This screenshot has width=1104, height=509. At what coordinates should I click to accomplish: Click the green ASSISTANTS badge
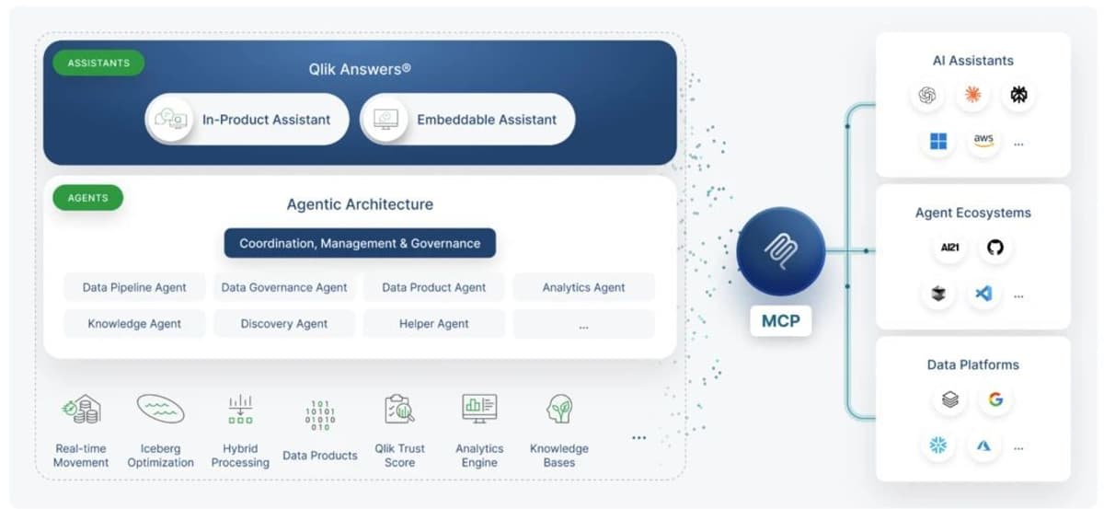tap(98, 64)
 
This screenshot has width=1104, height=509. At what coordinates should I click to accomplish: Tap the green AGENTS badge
tap(88, 198)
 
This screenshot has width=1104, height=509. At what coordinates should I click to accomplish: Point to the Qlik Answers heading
tap(360, 69)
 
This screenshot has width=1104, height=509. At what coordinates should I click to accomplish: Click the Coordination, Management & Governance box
tap(360, 243)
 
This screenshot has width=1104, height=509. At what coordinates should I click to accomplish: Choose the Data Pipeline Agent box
tap(134, 287)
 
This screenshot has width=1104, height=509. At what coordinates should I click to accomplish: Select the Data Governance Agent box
tap(284, 287)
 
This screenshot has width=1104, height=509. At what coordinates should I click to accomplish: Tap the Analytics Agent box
tap(583, 287)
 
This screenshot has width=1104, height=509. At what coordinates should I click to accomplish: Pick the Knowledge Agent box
tap(134, 323)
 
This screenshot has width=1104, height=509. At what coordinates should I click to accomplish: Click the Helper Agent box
tap(433, 323)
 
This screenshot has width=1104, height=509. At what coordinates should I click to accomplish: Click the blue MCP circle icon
tap(780, 251)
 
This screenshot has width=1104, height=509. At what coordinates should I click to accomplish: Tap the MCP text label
tap(780, 322)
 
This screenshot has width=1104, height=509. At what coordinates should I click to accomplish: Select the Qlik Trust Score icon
tap(399, 410)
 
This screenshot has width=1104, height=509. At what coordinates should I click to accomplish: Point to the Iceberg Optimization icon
tap(160, 410)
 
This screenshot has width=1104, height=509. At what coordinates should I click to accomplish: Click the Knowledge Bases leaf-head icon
tap(558, 410)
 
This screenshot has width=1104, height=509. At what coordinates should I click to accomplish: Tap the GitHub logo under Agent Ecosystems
tap(995, 248)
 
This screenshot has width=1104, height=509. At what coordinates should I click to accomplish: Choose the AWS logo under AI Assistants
tap(983, 141)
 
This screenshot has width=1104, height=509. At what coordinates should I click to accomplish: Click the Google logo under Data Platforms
tap(995, 399)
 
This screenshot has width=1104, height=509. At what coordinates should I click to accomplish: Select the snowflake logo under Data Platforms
tap(938, 445)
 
